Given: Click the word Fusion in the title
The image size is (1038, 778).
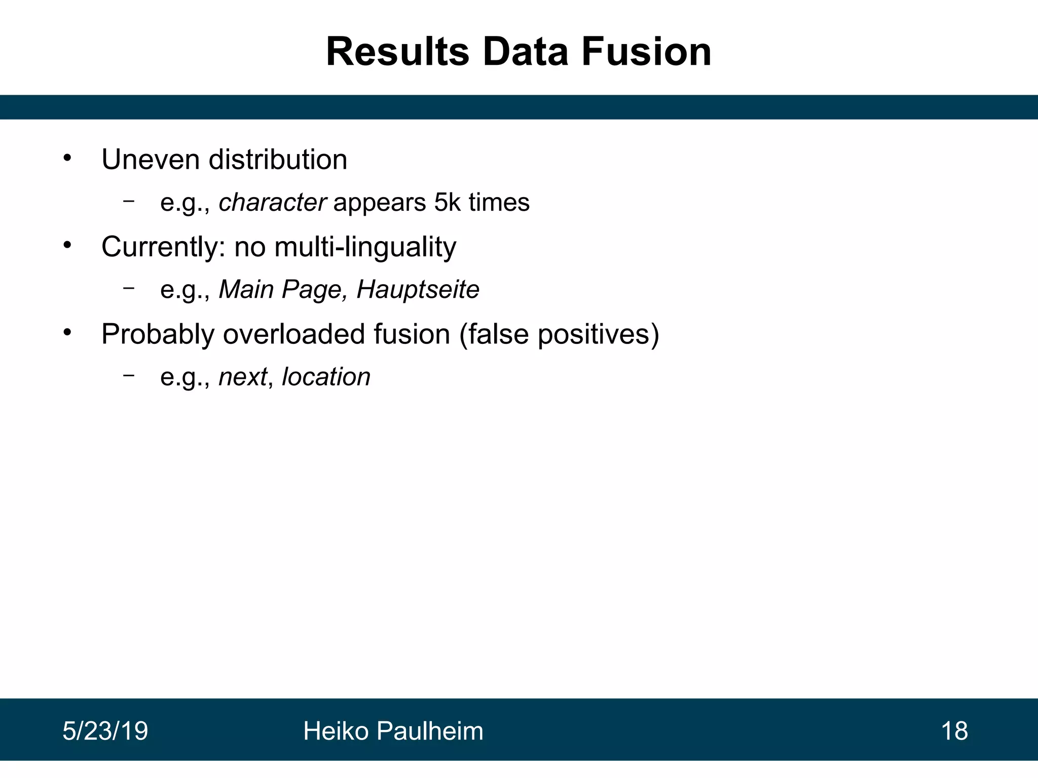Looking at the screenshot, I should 646,52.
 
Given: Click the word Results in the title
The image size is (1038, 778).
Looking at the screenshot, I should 398,52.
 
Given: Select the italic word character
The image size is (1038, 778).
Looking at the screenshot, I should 272,203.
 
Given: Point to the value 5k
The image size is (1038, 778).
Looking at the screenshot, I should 447,203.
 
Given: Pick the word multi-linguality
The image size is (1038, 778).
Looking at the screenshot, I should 365,247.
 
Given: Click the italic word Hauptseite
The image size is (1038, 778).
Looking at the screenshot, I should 418,290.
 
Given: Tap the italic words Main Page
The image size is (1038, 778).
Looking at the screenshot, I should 281,290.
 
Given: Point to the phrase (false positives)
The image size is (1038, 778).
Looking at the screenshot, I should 559,334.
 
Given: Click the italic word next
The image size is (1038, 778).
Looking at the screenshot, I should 243,377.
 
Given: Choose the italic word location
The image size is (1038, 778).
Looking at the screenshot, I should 326,377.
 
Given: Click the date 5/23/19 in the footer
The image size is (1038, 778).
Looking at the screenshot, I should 105,731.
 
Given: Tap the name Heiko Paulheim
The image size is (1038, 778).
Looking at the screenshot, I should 393,731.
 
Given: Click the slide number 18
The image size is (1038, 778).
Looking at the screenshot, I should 954,731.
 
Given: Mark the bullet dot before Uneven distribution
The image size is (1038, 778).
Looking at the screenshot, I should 67,159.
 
